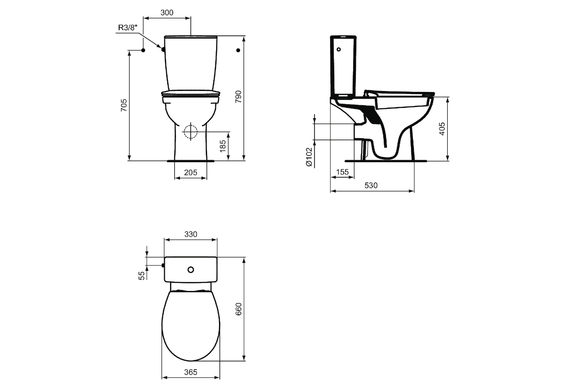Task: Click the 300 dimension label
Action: (x=167, y=12)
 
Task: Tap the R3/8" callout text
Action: (x=128, y=27)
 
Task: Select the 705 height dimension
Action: (x=123, y=106)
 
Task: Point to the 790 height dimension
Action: (x=238, y=97)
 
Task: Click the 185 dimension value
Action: (x=223, y=146)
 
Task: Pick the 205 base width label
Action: (x=190, y=173)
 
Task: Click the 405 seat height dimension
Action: (x=442, y=129)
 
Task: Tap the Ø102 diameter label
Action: (x=309, y=157)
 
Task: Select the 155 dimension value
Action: (x=342, y=172)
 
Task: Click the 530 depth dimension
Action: (x=371, y=185)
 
